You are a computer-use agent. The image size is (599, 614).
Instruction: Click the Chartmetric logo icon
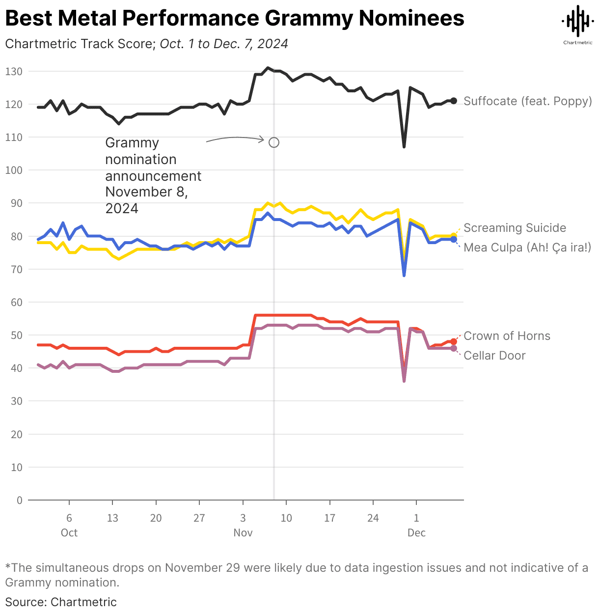[577, 22]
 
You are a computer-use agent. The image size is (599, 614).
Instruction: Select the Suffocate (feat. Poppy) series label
[527, 101]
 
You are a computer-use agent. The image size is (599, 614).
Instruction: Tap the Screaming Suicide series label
[515, 228]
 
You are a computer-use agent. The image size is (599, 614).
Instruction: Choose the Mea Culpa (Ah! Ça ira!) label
[527, 247]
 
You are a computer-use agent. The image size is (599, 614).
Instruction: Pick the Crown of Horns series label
[507, 336]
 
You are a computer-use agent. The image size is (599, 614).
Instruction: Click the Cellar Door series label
[494, 356]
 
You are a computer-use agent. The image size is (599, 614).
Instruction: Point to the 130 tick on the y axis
[14, 72]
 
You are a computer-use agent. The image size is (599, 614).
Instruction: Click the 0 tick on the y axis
[20, 501]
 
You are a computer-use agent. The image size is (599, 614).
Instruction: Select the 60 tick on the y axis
[17, 303]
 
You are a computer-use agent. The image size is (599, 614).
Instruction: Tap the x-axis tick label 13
[112, 518]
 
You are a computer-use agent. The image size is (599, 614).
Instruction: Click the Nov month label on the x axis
[243, 533]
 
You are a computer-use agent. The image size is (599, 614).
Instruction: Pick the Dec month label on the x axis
[416, 533]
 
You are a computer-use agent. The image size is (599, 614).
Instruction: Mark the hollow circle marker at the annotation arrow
[274, 142]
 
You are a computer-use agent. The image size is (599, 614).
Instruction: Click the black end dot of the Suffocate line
[454, 101]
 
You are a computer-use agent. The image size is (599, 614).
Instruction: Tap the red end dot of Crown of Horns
[454, 341]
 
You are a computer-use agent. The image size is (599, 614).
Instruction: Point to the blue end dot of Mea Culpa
[454, 239]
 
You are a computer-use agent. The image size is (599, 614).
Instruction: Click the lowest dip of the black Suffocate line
[404, 146]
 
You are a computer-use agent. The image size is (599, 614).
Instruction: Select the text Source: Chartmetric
[61, 602]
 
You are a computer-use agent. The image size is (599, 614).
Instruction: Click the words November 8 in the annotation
[146, 192]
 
